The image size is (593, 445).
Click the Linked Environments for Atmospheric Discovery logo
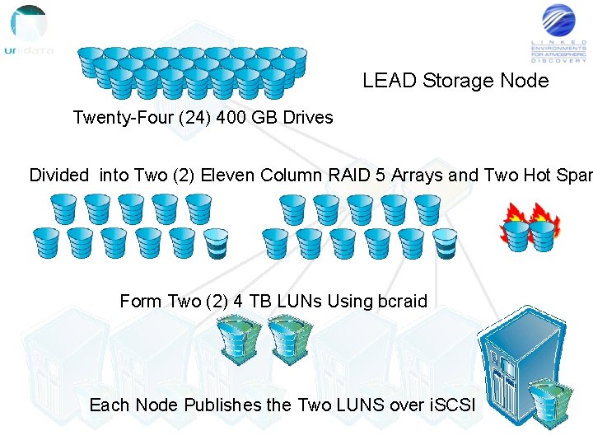click(559, 33)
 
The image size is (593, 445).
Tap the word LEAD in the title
click(390, 81)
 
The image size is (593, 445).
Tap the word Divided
click(58, 175)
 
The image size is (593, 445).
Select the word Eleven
click(228, 175)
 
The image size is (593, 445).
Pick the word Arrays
click(418, 175)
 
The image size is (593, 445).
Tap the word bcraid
click(402, 302)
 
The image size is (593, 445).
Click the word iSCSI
click(452, 405)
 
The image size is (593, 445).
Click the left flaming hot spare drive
click(516, 230)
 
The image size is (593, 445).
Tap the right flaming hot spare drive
click(542, 228)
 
